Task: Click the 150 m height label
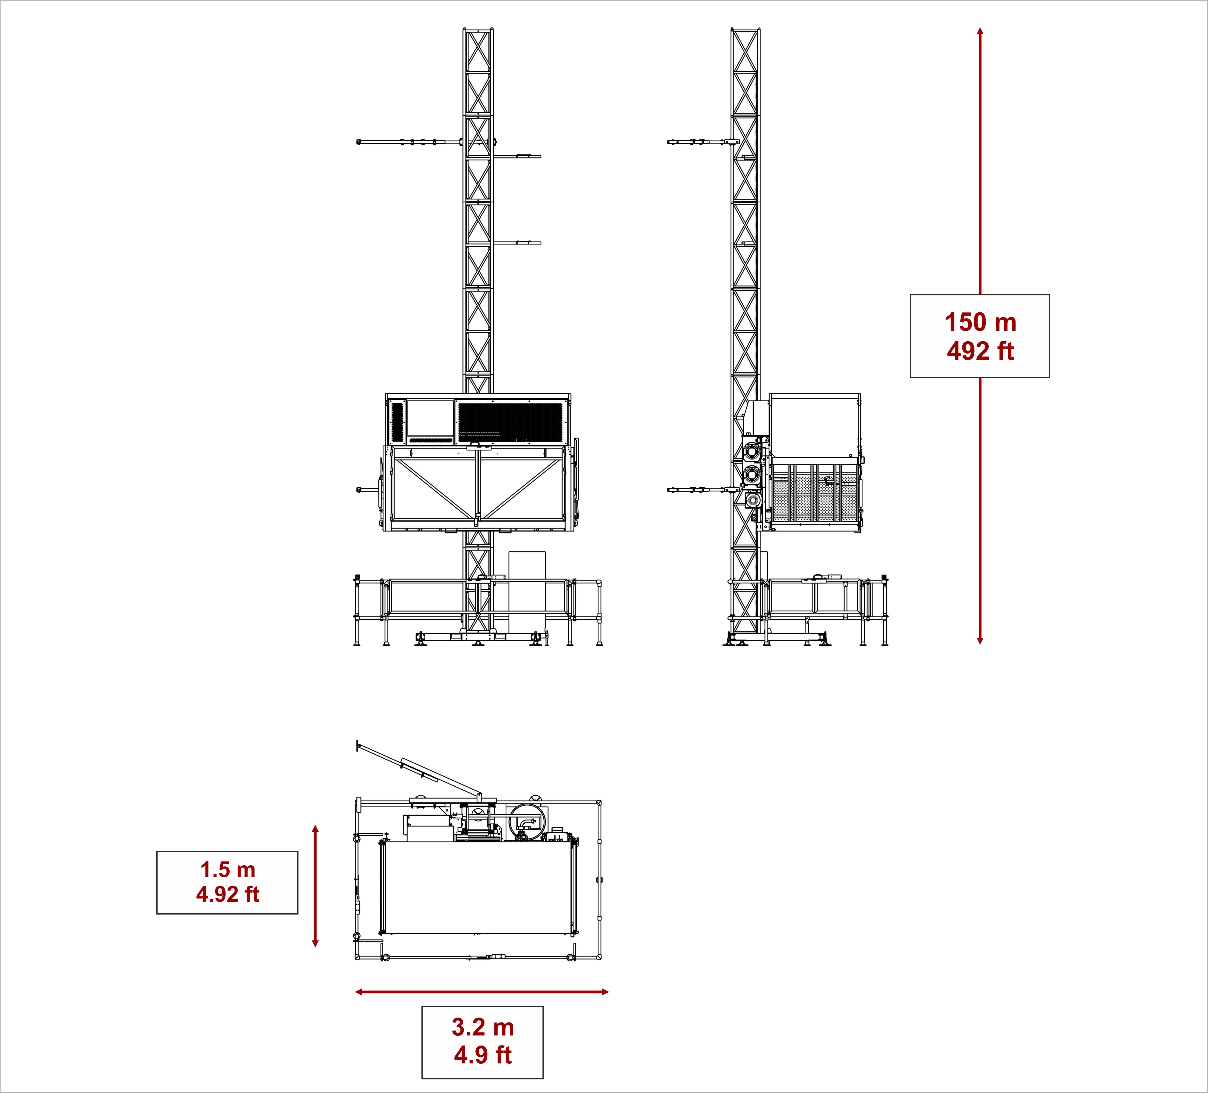click(980, 322)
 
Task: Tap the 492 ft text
click(980, 351)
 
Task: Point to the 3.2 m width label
click(483, 1027)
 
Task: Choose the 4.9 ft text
click(483, 1055)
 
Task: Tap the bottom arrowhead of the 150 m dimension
click(980, 641)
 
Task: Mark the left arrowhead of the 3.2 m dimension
click(359, 992)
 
